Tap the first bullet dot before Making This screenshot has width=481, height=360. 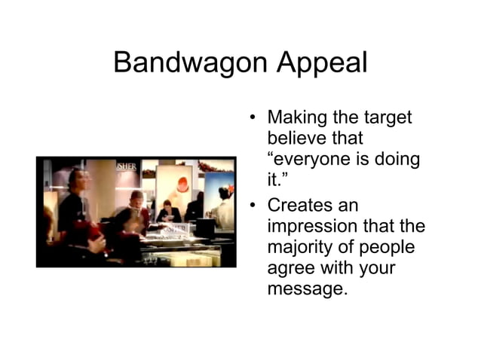pyautogui.click(x=254, y=118)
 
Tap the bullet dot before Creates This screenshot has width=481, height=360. pyautogui.click(x=254, y=206)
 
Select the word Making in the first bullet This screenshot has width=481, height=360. pyautogui.click(x=296, y=117)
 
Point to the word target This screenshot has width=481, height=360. pyautogui.click(x=385, y=117)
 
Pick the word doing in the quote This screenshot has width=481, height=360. pyautogui.click(x=394, y=160)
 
